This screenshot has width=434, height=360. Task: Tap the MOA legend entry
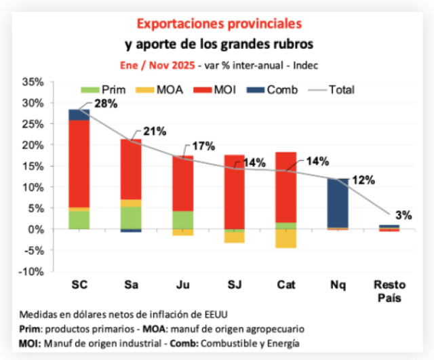coord(158,89)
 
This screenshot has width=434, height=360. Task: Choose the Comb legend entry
coord(273,89)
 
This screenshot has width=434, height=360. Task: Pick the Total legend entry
coord(332,89)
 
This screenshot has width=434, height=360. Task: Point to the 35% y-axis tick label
coord(33,82)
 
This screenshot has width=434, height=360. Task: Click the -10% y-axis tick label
coord(31,271)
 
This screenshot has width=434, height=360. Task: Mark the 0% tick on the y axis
coord(36,229)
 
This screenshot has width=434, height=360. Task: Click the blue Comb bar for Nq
coord(337,203)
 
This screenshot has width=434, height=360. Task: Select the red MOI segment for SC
coord(79,163)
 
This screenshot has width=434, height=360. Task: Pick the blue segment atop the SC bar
coord(79,115)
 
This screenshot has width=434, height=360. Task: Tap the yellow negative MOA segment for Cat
coord(285,238)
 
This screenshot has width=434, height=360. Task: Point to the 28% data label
coord(106,104)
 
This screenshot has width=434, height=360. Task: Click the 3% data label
coord(404,216)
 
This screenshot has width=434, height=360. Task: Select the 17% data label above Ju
coord(203,146)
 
